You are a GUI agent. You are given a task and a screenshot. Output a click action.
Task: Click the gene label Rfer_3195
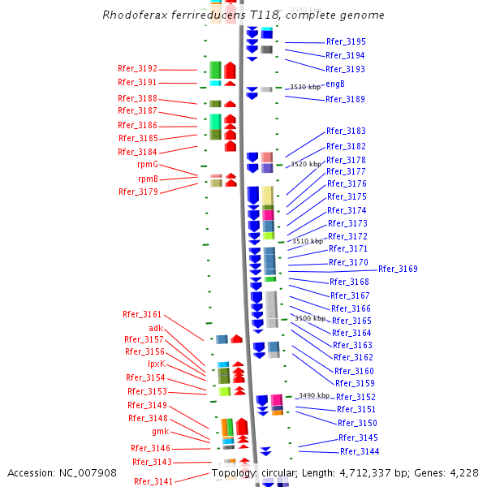346,41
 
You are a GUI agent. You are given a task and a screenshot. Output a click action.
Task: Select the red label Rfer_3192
137,69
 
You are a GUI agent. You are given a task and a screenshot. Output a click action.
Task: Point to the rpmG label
148,165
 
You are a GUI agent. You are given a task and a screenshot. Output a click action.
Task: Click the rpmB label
148,179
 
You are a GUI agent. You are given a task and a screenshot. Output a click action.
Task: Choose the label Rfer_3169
398,269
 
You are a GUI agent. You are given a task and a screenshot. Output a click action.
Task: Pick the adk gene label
156,328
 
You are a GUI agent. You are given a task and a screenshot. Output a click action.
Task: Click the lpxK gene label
156,364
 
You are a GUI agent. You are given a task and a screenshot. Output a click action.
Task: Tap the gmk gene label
161,432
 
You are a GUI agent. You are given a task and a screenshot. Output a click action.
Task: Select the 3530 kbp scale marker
305,87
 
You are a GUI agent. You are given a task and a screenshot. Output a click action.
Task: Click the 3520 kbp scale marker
305,164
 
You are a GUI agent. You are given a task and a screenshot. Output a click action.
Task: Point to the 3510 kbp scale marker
308,241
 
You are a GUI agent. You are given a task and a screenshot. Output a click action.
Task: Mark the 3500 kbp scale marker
309,319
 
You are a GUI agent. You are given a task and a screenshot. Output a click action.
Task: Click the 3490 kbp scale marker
314,395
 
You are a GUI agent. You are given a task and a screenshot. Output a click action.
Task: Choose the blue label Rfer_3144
360,452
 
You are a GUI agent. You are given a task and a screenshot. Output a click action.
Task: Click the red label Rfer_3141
153,481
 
